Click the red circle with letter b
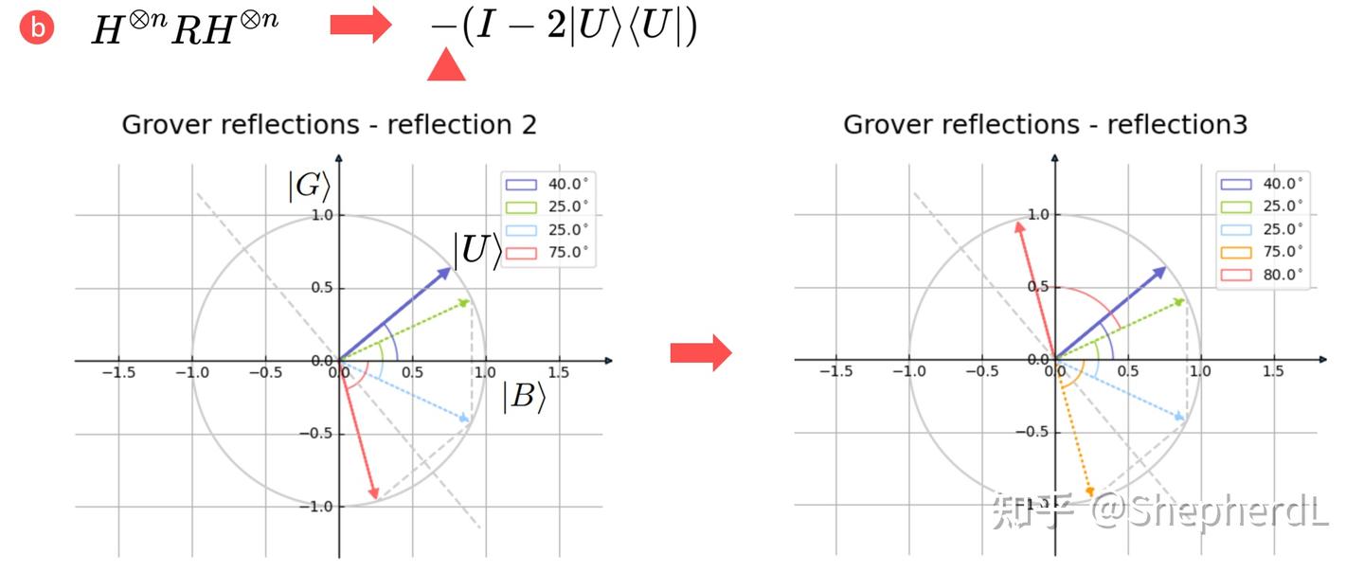point(37,27)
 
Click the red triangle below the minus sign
point(446,65)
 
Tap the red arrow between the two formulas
point(361,25)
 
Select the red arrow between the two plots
point(701,352)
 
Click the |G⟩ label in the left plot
point(310,186)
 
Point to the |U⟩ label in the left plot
point(478,249)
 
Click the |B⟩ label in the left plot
point(525,397)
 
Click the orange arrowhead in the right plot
point(1089,492)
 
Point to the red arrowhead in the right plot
point(1020,227)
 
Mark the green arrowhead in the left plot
point(464,302)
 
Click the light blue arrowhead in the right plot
point(1179,417)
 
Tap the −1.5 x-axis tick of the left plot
point(118,372)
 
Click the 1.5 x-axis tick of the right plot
point(1273,371)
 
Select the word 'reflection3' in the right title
point(1177,125)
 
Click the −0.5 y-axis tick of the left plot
point(315,434)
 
